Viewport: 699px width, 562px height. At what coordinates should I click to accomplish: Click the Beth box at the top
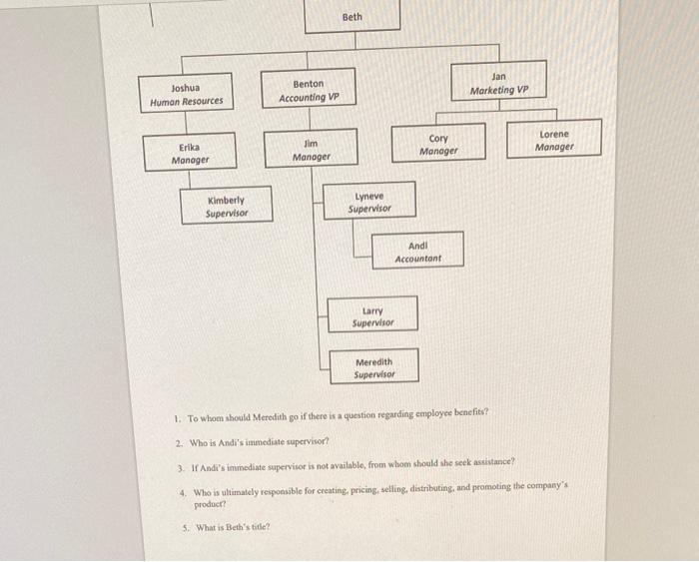click(352, 17)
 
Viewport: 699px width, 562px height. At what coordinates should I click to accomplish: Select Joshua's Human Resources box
click(186, 95)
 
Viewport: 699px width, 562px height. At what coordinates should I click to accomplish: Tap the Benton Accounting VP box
click(309, 91)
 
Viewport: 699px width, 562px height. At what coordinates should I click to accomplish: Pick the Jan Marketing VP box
click(499, 83)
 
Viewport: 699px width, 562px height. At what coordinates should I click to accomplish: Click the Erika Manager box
click(190, 153)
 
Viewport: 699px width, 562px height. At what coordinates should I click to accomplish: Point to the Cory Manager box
click(438, 145)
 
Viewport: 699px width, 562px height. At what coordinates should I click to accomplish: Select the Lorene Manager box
click(554, 140)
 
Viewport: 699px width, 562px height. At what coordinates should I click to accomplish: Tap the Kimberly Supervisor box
click(226, 206)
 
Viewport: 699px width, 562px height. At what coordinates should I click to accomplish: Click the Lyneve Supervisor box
click(368, 203)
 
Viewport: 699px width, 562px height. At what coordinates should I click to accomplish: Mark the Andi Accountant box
click(418, 251)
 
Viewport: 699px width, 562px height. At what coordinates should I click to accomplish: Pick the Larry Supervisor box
click(372, 316)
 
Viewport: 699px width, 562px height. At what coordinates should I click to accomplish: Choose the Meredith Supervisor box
click(374, 368)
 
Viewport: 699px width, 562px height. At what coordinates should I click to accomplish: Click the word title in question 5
click(262, 527)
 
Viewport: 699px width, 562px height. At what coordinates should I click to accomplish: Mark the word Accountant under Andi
click(418, 259)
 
